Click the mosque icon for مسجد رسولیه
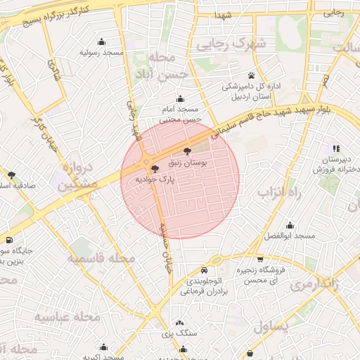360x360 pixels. coord(103,41)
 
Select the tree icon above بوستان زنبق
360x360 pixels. coord(187,150)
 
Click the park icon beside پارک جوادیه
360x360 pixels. coord(154,168)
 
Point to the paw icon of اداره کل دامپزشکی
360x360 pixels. coord(251,75)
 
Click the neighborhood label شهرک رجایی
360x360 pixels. coord(231,44)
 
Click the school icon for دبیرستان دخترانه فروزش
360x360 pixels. coord(337,148)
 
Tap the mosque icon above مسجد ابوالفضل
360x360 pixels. coord(290,225)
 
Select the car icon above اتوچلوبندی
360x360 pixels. coord(204,271)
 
